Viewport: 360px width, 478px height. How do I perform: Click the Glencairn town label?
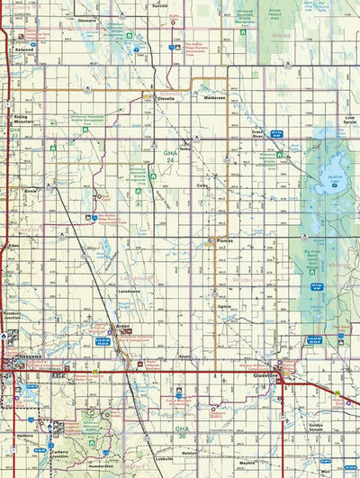pos(86,19)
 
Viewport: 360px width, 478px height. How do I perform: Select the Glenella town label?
pos(166,99)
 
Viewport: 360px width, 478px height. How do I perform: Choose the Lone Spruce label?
pos(349,120)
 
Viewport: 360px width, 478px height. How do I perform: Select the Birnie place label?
pos(31,191)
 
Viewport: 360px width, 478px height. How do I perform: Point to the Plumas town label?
pos(222,242)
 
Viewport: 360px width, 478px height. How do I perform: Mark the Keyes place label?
pos(185,356)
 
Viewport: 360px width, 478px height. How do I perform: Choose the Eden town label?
pos(13,245)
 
